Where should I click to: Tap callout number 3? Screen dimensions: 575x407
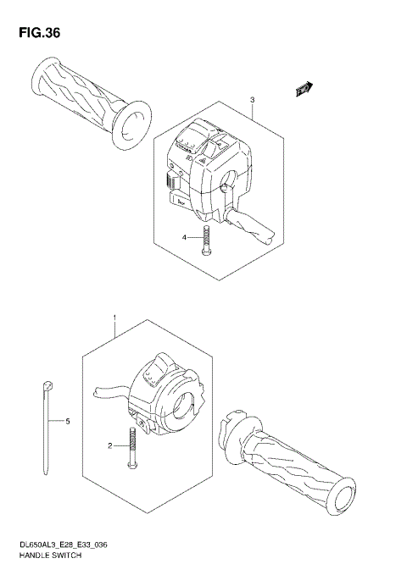pyautogui.click(x=252, y=101)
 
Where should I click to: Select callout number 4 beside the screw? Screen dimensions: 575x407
pyautogui.click(x=183, y=238)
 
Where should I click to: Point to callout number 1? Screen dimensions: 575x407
pyautogui.click(x=113, y=318)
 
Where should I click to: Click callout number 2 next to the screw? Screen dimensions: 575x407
pyautogui.click(x=109, y=445)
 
